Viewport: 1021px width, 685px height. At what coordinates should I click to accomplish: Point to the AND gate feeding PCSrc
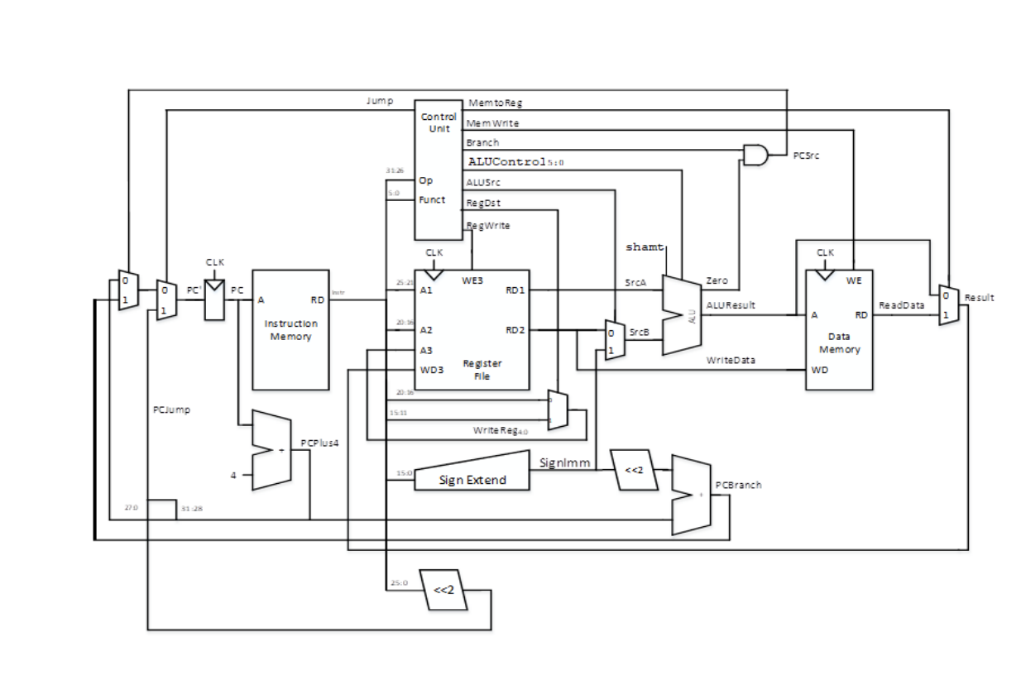(755, 155)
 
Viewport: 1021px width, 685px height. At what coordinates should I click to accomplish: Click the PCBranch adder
(692, 494)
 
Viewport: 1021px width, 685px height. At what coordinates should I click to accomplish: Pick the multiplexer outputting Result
(948, 305)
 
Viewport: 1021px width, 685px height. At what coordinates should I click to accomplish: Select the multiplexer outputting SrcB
(615, 340)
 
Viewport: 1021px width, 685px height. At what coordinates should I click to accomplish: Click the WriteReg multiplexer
(558, 410)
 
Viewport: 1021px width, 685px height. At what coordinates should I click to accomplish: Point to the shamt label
(645, 247)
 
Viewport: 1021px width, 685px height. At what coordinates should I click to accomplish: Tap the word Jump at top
(380, 101)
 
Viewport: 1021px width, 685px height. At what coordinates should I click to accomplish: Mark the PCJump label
(172, 410)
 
